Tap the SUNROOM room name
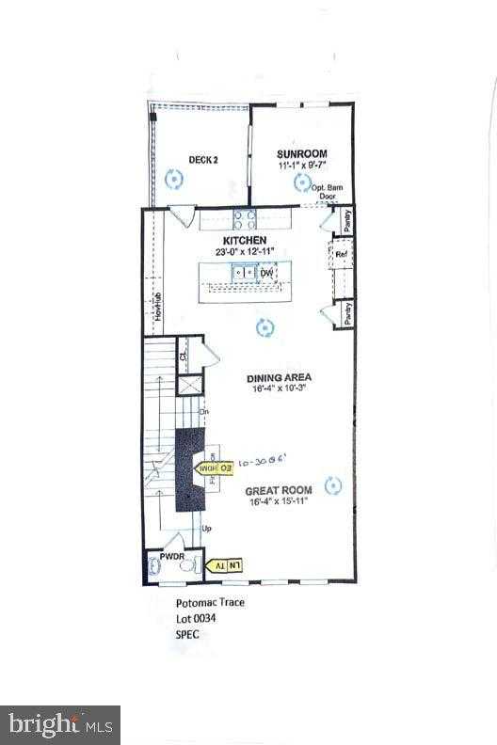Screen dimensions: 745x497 (x=301, y=153)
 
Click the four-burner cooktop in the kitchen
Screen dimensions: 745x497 (x=244, y=219)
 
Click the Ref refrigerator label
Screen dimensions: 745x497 (x=342, y=253)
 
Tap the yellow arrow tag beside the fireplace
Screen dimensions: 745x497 (x=211, y=467)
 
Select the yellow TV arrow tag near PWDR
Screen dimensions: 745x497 (x=225, y=564)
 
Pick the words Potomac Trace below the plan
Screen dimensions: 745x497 (x=210, y=603)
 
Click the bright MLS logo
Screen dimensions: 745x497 (x=59, y=724)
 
